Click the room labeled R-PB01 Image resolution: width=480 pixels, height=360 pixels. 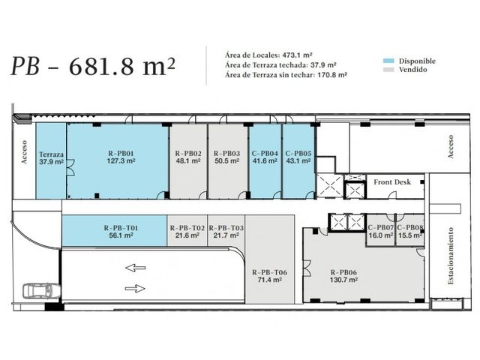tap(118, 161)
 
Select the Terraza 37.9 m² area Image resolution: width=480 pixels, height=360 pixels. tap(51, 161)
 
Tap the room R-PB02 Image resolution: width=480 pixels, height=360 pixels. tap(188, 161)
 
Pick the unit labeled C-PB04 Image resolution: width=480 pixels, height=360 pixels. tap(265, 161)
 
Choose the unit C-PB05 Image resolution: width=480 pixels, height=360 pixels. tap(298, 161)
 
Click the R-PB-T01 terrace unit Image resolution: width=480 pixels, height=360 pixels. tap(115, 230)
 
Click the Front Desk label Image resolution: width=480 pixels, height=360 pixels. tap(392, 182)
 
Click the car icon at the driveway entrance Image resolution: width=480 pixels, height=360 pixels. tap(42, 291)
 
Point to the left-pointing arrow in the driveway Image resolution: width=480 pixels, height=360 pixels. tap(135, 268)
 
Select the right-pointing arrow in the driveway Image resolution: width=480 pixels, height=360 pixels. tap(135, 288)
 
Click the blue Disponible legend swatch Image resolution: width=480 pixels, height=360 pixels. tap(388, 61)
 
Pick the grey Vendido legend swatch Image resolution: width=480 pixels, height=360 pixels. tap(388, 70)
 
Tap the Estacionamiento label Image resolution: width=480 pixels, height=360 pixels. tap(451, 256)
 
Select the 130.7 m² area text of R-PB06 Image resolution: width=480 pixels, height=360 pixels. tap(343, 280)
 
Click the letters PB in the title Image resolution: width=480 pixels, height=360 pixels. tap(25, 66)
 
